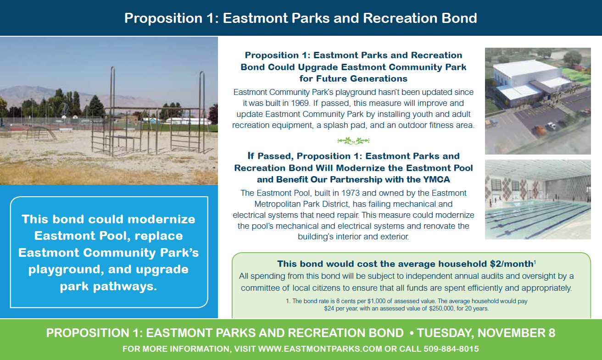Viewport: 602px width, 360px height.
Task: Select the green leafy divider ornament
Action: click(x=353, y=140)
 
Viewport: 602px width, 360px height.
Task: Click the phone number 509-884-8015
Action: click(x=451, y=349)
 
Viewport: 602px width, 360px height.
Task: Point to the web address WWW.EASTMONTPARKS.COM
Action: click(x=320, y=349)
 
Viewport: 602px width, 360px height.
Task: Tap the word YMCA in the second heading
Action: click(x=436, y=179)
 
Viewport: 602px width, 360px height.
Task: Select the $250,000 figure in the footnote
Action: click(x=441, y=309)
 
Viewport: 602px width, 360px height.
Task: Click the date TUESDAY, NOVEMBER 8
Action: click(x=486, y=333)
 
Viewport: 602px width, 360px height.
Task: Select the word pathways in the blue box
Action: click(x=125, y=286)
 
